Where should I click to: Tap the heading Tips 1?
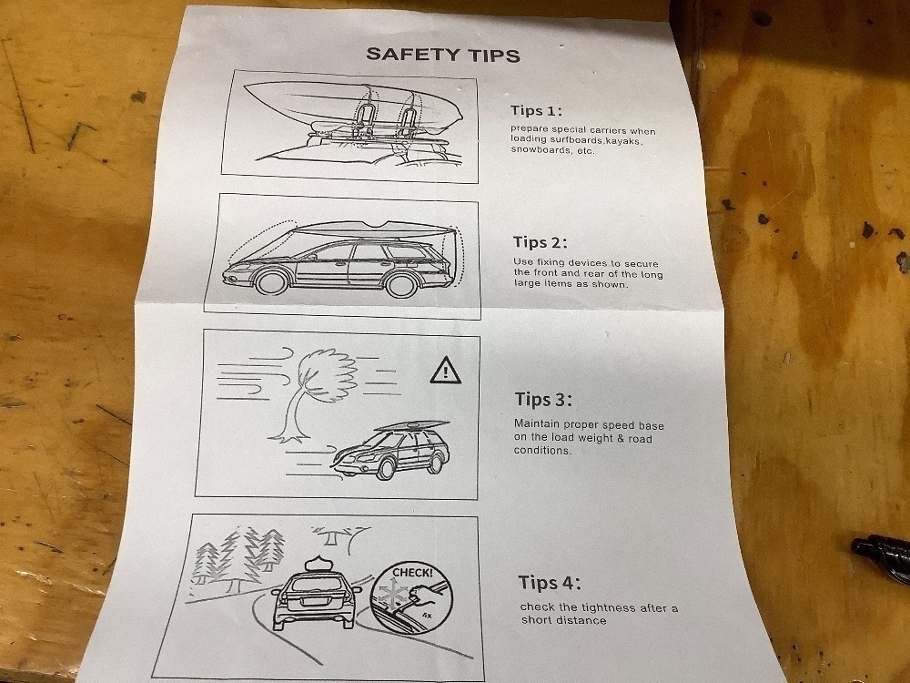tap(536, 110)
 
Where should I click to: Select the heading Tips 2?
tap(541, 242)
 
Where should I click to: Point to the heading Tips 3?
tap(543, 400)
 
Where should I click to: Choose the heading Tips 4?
tap(549, 583)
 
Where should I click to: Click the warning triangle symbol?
tap(446, 371)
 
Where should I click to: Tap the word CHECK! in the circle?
tap(412, 573)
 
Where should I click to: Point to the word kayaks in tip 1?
tap(624, 140)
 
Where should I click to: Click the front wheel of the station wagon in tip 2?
tap(271, 281)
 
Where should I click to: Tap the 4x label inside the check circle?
tap(427, 614)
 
